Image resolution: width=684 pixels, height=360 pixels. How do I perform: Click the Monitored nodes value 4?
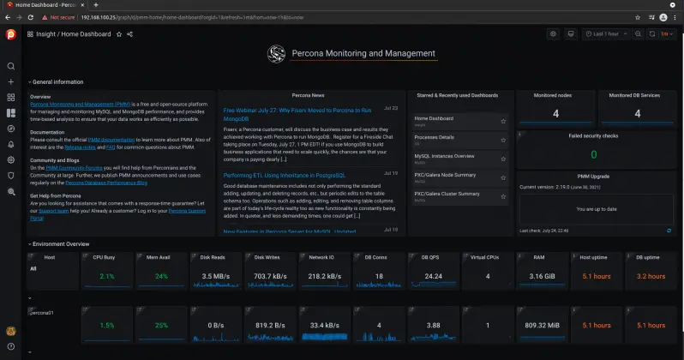(x=555, y=113)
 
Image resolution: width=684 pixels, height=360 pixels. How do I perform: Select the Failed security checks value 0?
(x=593, y=154)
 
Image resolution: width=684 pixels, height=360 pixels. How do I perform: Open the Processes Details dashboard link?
(x=435, y=137)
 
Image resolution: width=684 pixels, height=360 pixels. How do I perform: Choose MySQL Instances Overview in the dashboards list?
(x=444, y=156)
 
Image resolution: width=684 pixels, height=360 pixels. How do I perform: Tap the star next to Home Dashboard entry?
(x=503, y=121)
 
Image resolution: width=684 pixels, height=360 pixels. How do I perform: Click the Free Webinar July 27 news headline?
(x=297, y=111)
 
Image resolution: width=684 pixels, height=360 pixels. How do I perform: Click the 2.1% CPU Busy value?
(x=106, y=276)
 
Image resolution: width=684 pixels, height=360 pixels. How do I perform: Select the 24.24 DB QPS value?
(x=433, y=276)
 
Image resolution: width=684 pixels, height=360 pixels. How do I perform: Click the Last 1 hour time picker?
(x=605, y=34)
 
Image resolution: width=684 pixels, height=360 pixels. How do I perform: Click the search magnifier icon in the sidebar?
(x=11, y=66)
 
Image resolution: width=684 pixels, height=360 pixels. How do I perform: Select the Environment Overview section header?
(x=60, y=244)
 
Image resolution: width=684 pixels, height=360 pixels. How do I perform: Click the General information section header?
(x=57, y=81)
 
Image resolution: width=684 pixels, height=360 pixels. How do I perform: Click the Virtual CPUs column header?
(x=486, y=256)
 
